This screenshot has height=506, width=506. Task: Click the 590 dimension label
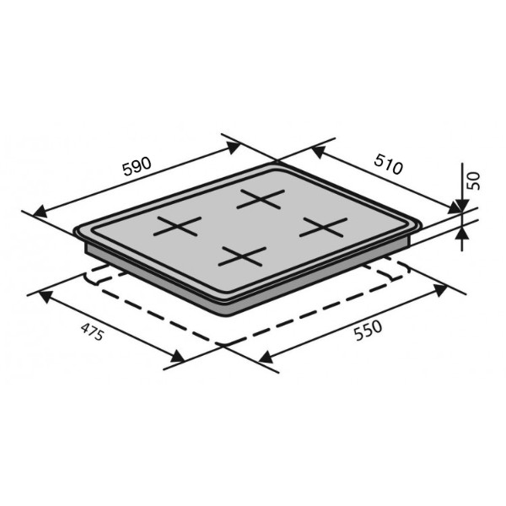(137, 166)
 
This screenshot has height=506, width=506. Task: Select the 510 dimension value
(389, 164)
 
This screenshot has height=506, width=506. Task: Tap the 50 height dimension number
(474, 180)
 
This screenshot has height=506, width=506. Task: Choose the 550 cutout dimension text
(368, 330)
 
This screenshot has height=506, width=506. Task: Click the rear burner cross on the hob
(261, 199)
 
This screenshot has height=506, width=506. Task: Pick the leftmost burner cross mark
(177, 226)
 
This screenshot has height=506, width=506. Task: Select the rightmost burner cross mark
(323, 227)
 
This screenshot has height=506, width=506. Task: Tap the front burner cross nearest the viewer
(242, 256)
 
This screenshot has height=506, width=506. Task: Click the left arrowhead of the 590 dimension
(40, 212)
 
